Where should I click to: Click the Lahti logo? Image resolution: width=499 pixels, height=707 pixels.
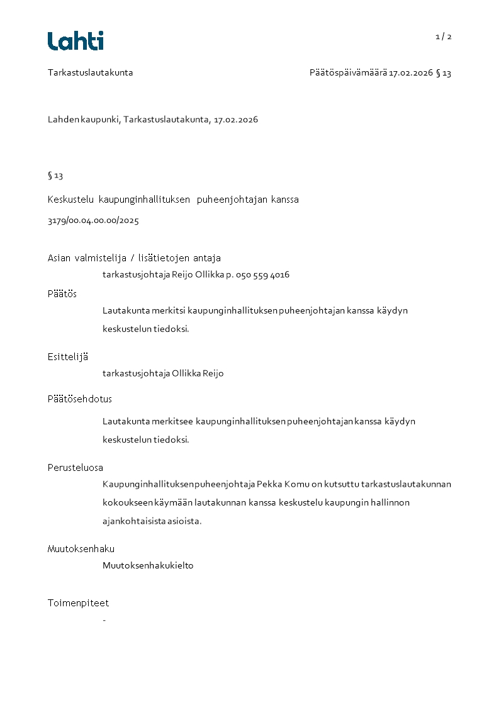[76, 41]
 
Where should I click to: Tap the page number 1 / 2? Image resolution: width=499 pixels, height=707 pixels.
[443, 37]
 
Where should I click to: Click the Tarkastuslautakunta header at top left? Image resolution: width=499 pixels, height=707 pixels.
[90, 72]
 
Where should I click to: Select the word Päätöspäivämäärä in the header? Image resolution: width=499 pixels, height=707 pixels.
[348, 73]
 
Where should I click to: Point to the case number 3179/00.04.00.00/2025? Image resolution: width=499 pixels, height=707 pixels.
[93, 221]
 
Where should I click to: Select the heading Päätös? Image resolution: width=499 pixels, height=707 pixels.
[62, 293]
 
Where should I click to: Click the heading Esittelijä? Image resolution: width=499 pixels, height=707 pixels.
[68, 356]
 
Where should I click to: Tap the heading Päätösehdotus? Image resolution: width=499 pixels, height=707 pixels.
[80, 399]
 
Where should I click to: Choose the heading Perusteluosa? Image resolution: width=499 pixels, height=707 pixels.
[76, 468]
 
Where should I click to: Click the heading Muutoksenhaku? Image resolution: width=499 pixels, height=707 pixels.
[81, 549]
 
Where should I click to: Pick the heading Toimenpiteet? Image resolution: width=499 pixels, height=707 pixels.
[78, 602]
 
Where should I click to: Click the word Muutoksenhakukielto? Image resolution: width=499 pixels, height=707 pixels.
[148, 565]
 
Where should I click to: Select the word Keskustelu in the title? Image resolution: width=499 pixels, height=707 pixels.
[70, 200]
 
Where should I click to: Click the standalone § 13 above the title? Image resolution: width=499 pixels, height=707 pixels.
[55, 176]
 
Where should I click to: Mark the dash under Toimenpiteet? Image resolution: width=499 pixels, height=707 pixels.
[104, 621]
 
